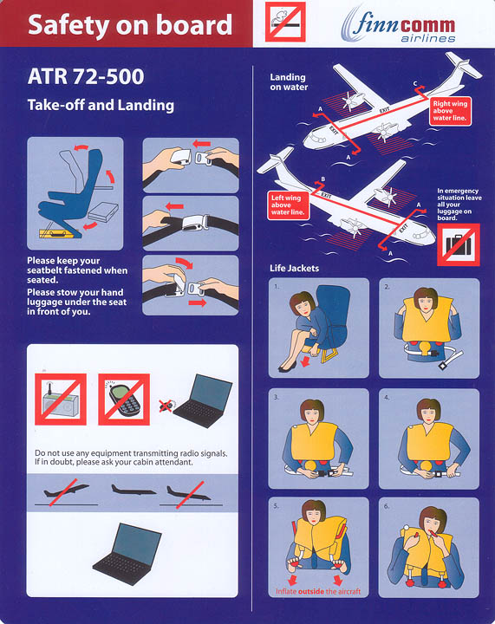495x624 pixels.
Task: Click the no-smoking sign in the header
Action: coord(285,20)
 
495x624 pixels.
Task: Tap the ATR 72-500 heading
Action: coord(86,77)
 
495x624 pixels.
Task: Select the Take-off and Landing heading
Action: coord(101,106)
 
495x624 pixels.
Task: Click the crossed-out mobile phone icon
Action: coord(123,399)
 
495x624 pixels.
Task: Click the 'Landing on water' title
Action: coord(288,81)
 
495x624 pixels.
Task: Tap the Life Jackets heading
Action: coord(295,269)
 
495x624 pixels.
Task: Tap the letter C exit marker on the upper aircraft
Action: coord(415,82)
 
